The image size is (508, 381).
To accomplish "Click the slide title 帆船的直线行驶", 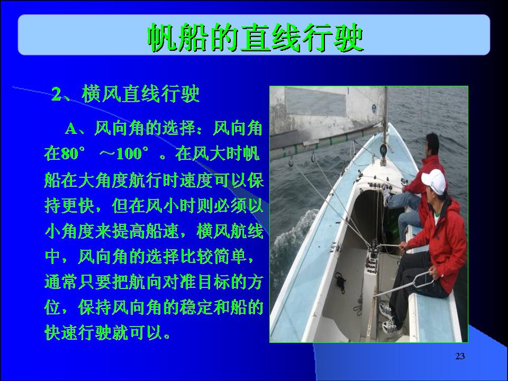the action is tap(255, 38).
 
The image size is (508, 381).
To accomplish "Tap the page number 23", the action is tap(460, 356).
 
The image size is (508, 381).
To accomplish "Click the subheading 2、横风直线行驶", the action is tap(125, 94).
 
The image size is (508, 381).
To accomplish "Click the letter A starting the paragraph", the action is tap(71, 129).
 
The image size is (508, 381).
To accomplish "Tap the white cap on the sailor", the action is tap(434, 182).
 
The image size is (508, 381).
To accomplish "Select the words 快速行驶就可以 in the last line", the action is tap(104, 332).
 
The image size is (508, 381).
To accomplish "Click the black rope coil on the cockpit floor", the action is tap(341, 281).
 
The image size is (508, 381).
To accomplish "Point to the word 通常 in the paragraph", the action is tap(61, 282).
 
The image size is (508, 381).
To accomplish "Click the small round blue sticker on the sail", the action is tap(374, 109).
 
